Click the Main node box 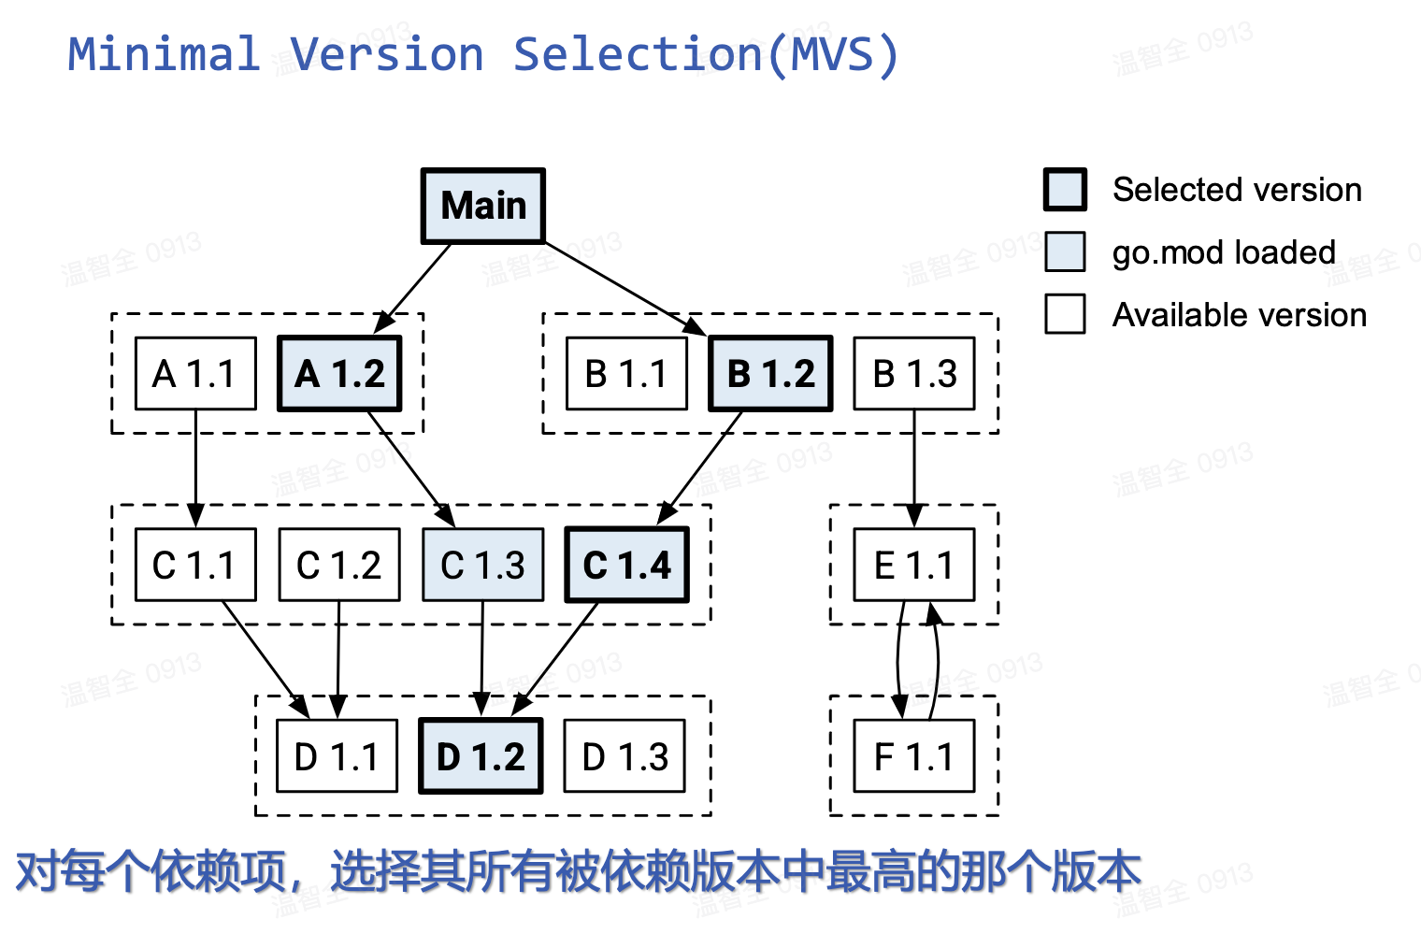pyautogui.click(x=483, y=207)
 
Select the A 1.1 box pyautogui.click(x=195, y=374)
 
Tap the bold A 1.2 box pyautogui.click(x=340, y=374)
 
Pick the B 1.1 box pyautogui.click(x=626, y=374)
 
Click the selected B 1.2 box pyautogui.click(x=770, y=374)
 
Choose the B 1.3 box pyautogui.click(x=914, y=374)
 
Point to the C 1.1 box pyautogui.click(x=195, y=565)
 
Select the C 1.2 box pyautogui.click(x=339, y=565)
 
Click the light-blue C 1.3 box pyautogui.click(x=483, y=565)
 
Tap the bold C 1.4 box pyautogui.click(x=627, y=565)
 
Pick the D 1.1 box pyautogui.click(x=337, y=756)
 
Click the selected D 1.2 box pyautogui.click(x=481, y=756)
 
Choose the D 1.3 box pyautogui.click(x=624, y=756)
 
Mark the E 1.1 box pyautogui.click(x=914, y=565)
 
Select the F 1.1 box pyautogui.click(x=914, y=756)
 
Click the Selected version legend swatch pyautogui.click(x=1065, y=190)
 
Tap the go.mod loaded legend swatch pyautogui.click(x=1065, y=251)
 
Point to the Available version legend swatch pyautogui.click(x=1065, y=314)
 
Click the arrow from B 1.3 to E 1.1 pyautogui.click(x=914, y=467)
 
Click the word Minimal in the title pyautogui.click(x=165, y=54)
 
